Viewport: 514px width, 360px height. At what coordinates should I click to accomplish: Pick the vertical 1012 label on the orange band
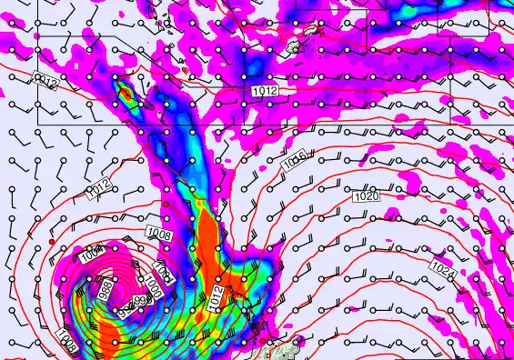coord(215,299)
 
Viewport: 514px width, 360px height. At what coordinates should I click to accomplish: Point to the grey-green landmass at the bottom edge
coord(287,351)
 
